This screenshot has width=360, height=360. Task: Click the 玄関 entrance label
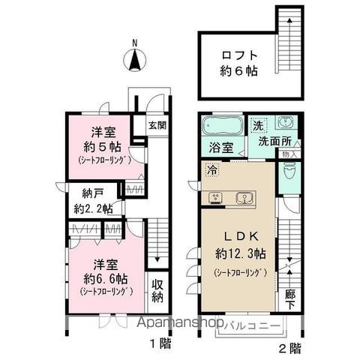point(156,125)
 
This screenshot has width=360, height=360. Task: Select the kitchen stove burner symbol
point(216,198)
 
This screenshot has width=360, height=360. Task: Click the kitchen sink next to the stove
point(244,198)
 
